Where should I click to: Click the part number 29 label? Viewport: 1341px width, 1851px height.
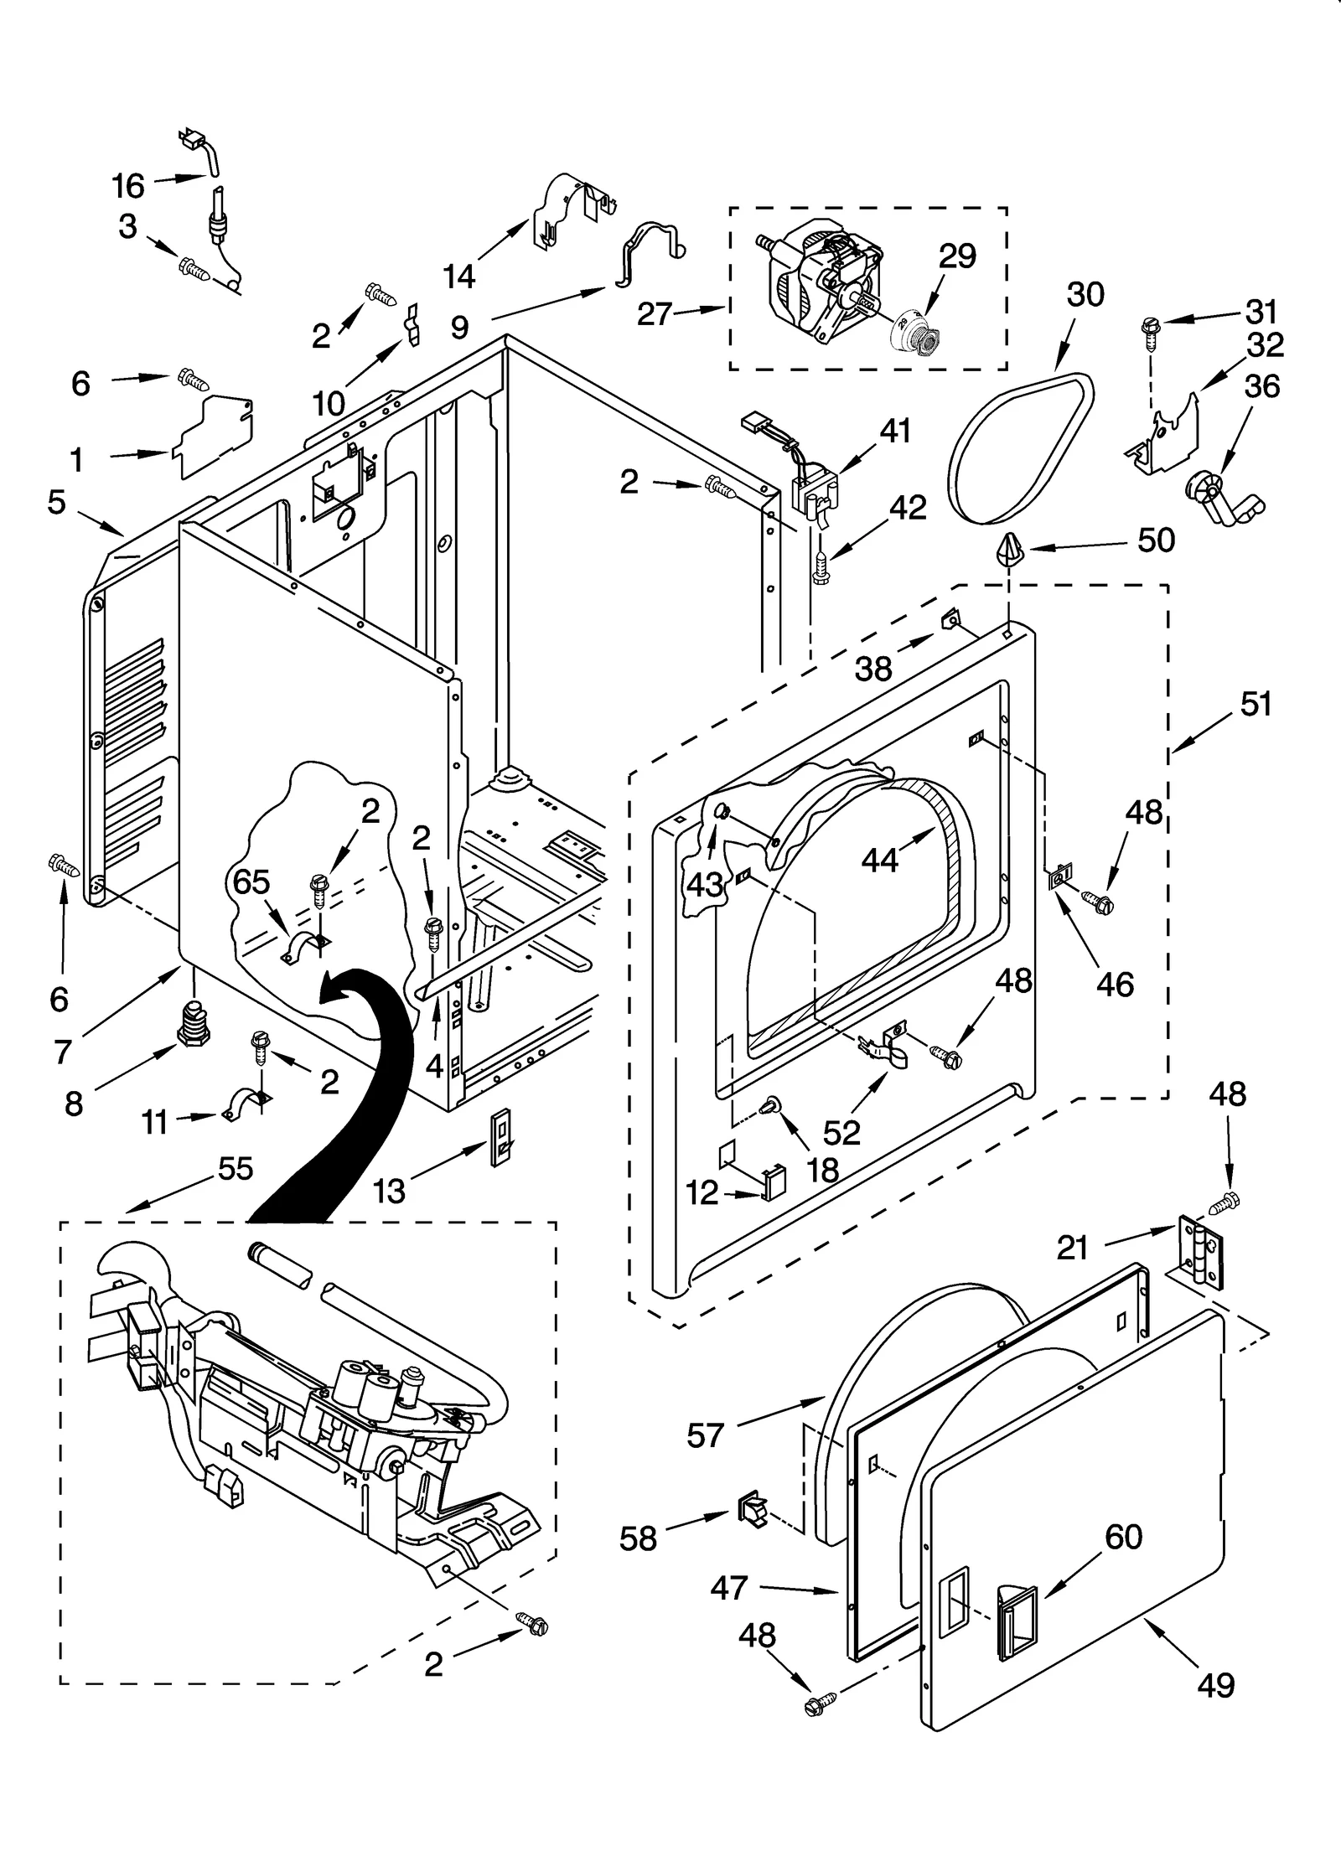click(x=957, y=256)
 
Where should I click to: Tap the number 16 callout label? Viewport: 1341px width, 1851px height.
click(x=128, y=185)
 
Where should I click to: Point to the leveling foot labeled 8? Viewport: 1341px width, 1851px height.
click(x=194, y=1024)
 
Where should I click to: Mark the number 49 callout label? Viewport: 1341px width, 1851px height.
click(x=1215, y=1684)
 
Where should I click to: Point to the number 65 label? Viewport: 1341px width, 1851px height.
click(x=251, y=882)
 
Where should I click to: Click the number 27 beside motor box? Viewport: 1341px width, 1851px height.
click(x=655, y=314)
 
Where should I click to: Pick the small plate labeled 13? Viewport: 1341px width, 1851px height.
click(x=500, y=1138)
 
